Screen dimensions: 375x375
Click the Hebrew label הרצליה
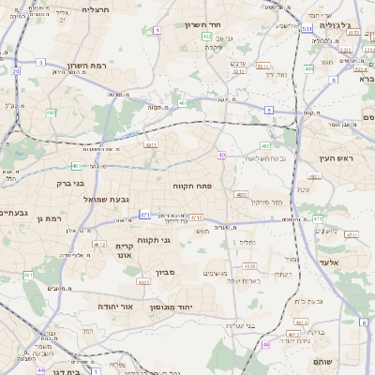click(96, 9)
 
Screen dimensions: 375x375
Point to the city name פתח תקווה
click(195, 187)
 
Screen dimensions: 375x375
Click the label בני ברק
click(71, 184)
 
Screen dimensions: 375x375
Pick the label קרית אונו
click(127, 249)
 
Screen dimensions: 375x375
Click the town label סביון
click(166, 279)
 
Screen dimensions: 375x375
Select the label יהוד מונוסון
click(198, 307)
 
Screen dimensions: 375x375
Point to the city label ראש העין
click(333, 158)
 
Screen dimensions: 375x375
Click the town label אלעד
click(328, 262)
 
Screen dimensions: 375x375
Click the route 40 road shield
click(222, 154)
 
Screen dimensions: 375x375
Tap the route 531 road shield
click(307, 29)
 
